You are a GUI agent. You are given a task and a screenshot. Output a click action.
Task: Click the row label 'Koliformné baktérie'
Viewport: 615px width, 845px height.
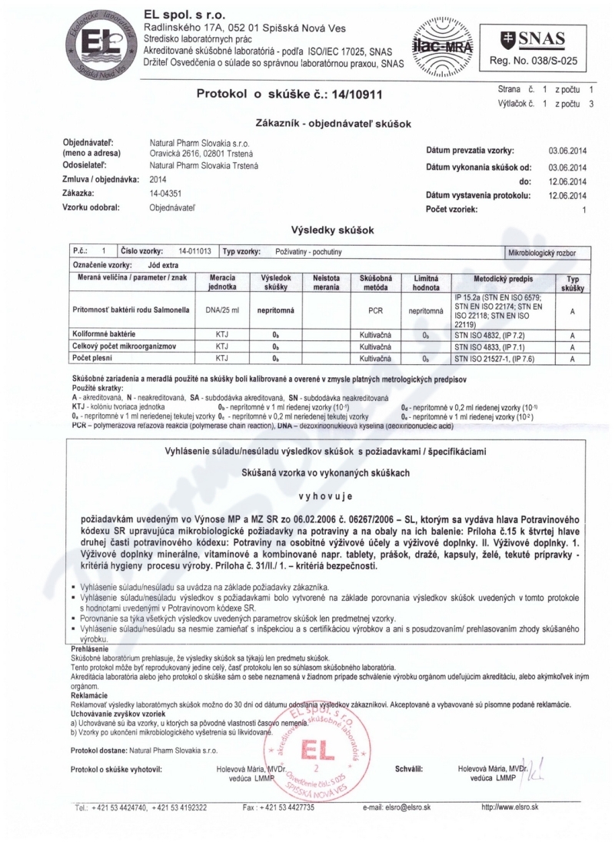pyautogui.click(x=104, y=336)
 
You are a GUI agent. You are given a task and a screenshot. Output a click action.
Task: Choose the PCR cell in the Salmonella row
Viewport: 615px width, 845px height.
pyautogui.click(x=376, y=312)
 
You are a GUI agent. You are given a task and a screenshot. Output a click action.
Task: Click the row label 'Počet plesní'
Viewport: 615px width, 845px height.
pyautogui.click(x=92, y=358)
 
